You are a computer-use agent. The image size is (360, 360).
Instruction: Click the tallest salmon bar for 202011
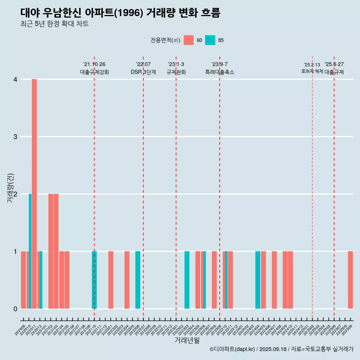34,194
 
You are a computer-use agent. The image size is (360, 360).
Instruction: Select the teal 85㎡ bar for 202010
30,251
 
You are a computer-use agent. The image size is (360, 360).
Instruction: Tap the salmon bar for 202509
350,280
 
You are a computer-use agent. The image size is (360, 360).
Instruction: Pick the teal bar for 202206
138,280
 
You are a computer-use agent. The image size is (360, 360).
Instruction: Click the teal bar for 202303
187,280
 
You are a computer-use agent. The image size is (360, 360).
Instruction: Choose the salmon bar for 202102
51,251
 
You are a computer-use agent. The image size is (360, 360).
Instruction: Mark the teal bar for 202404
258,280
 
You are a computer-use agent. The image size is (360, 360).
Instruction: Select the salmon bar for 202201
111,280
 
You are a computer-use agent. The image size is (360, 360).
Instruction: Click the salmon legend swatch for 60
189,40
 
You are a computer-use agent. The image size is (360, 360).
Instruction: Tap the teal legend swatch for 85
210,40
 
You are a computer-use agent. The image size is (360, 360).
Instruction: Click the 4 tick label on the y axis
15,79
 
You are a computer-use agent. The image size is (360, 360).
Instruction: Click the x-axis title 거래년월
187,340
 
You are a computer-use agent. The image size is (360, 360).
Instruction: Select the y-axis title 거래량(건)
10,188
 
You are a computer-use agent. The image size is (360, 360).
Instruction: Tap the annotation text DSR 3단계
143,72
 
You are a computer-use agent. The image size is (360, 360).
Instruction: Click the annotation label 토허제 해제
312,71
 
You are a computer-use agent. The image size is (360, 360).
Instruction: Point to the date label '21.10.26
94,64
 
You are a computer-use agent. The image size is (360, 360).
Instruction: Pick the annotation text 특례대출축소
219,72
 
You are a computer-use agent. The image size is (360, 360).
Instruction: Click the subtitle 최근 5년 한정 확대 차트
54,24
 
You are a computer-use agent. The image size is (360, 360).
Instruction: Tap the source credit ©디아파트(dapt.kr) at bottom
232,349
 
